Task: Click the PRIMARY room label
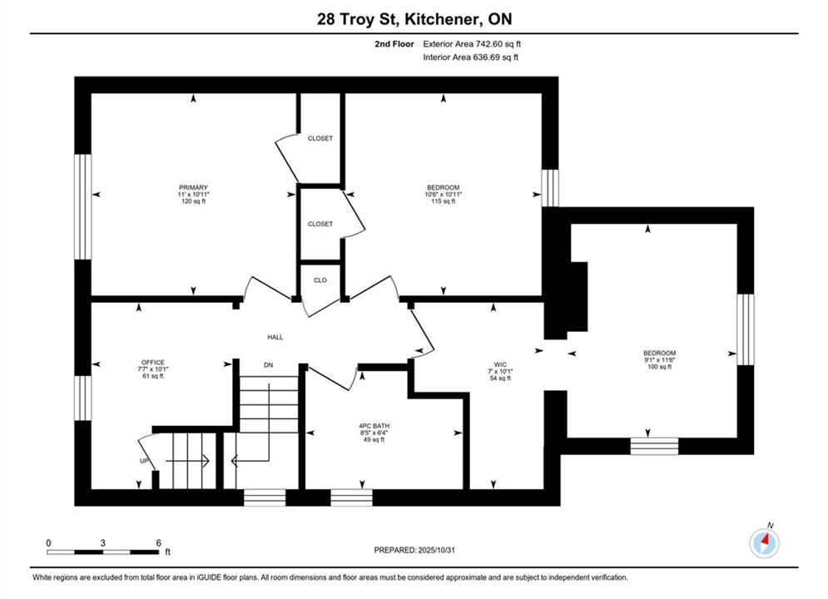(x=193, y=187)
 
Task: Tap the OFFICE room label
(x=153, y=363)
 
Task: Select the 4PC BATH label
(x=374, y=426)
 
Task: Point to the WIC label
(x=500, y=364)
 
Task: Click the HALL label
(x=275, y=337)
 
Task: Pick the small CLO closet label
(x=320, y=280)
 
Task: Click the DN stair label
(x=268, y=365)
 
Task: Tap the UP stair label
(x=144, y=461)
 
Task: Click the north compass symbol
(x=764, y=542)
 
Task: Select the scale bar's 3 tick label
(x=102, y=542)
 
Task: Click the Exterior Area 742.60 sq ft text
(x=472, y=44)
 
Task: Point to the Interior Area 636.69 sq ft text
(x=470, y=57)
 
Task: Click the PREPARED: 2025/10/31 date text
(x=414, y=550)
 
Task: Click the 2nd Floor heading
(x=394, y=44)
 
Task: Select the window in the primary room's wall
(x=83, y=206)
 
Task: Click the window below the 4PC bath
(x=352, y=498)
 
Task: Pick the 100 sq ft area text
(x=660, y=367)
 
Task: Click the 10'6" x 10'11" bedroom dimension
(x=443, y=194)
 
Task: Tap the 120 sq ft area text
(x=193, y=201)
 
